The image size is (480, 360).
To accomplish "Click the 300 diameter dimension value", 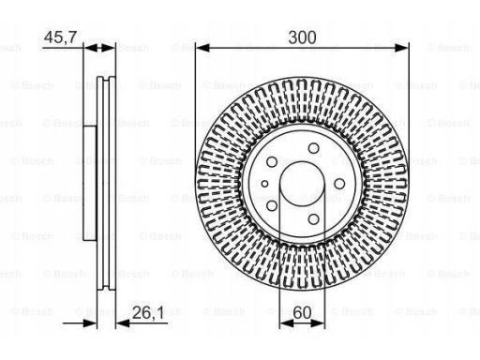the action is [302, 37].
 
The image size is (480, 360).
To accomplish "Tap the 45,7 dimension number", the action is [60, 37].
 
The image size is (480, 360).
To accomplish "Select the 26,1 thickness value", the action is [148, 312].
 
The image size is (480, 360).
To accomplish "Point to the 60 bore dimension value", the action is [303, 312].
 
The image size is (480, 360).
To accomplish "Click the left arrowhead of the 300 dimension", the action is [202, 48].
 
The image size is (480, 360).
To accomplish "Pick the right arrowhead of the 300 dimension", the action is [402, 48].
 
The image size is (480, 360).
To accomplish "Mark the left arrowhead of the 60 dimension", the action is [286, 323].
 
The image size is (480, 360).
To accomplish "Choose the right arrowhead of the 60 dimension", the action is [318, 323].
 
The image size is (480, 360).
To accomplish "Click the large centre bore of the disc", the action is [302, 184].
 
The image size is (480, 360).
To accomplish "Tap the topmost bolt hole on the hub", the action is [313, 148].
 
